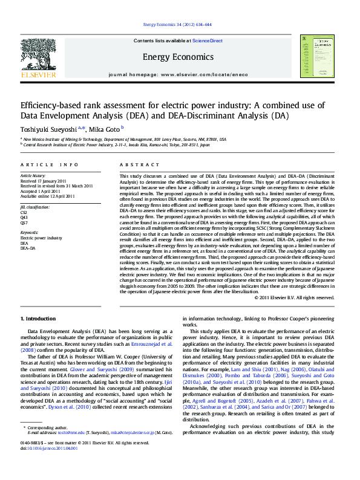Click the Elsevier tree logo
tap(38, 55)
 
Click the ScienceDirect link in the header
tap(208, 41)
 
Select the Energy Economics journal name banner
tap(178, 57)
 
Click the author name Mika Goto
tap(105, 129)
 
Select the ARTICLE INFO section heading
tap(49, 164)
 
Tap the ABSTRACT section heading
tap(136, 164)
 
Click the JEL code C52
tap(24, 213)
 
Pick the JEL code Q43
tap(24, 218)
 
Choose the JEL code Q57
tap(24, 222)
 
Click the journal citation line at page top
tap(177, 25)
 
